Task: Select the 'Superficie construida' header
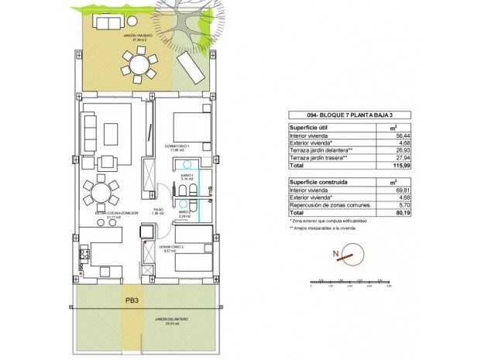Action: [318, 180]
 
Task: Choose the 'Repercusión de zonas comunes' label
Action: [325, 204]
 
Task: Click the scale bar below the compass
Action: [348, 281]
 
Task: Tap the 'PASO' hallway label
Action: [157, 209]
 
